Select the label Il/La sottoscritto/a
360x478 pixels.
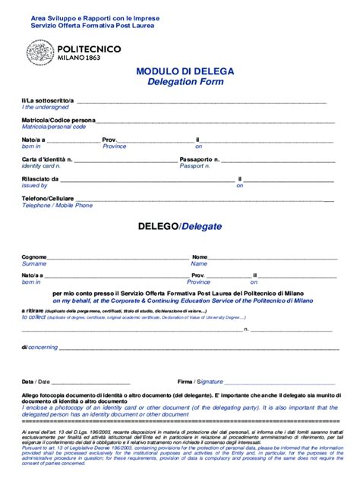tap(47, 101)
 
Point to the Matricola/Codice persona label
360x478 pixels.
tap(58, 120)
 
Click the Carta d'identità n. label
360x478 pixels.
tap(47, 159)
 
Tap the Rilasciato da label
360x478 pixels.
tap(40, 179)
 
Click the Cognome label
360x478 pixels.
tap(34, 257)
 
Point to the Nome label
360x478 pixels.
tap(200, 257)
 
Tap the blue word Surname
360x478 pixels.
tap(34, 263)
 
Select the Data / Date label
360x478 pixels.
tap(36, 382)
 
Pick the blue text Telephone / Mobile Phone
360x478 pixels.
tap(57, 206)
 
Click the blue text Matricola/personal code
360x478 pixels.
tap(54, 127)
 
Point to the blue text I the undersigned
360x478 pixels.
tap(45, 108)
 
